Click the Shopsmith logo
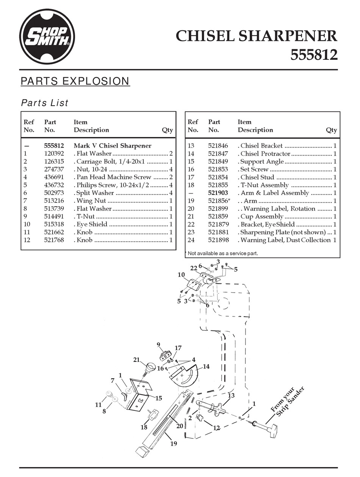[x=47, y=37]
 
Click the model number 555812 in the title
[x=313, y=55]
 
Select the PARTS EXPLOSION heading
[x=75, y=81]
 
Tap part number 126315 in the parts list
[x=54, y=161]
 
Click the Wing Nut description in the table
[x=91, y=201]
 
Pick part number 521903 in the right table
[x=218, y=193]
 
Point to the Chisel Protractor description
[x=265, y=154]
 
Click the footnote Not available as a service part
[x=223, y=253]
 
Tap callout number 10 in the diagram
[x=181, y=274]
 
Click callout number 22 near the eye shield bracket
[x=194, y=268]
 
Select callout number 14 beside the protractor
[x=206, y=366]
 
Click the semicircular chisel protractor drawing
[x=184, y=377]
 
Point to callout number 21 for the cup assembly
[x=137, y=360]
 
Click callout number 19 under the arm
[x=174, y=444]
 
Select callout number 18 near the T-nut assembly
[x=144, y=427]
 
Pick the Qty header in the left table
[x=167, y=130]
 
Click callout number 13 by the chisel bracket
[x=231, y=395]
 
